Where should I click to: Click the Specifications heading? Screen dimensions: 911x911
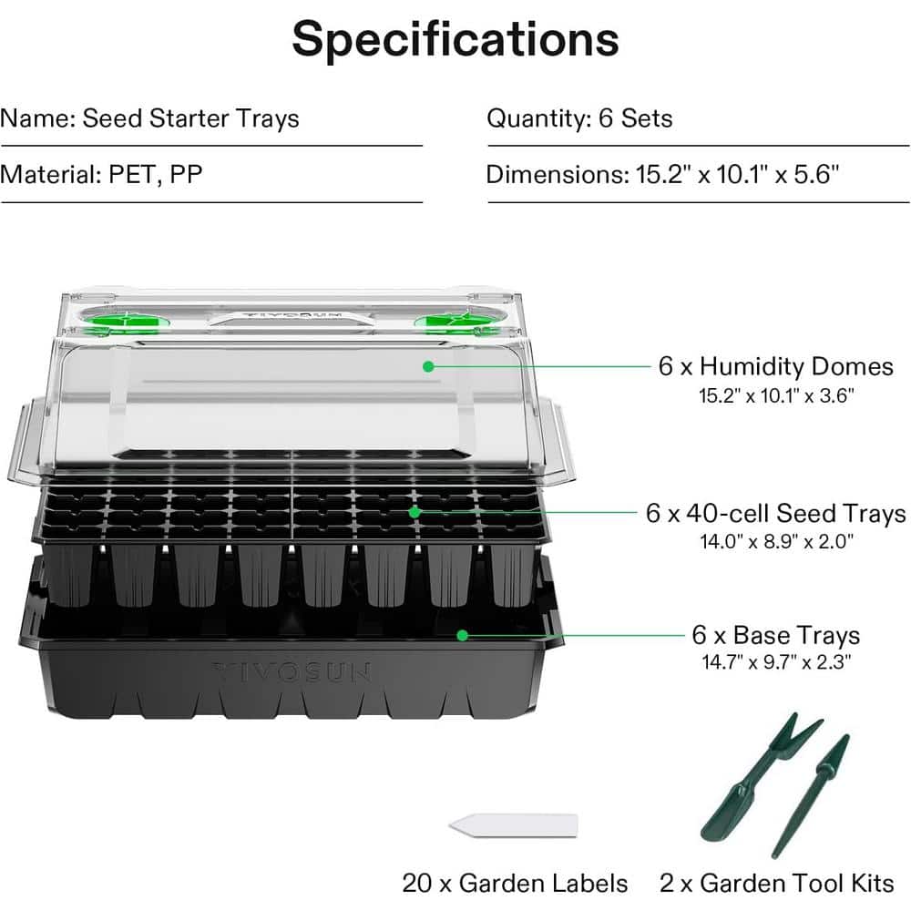tap(455, 39)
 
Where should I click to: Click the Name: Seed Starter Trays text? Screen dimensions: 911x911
tap(149, 118)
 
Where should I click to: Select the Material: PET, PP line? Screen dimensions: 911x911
tap(101, 174)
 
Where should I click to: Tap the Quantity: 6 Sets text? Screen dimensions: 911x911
tap(579, 118)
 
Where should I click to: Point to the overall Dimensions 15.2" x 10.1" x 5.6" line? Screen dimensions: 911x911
tap(662, 174)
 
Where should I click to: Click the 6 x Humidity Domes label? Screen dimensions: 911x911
tap(776, 366)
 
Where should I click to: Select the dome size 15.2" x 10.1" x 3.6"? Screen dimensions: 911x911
tap(776, 396)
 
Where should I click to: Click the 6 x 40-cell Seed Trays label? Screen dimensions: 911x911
tap(776, 513)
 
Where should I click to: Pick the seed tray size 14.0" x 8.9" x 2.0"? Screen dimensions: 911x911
tap(776, 542)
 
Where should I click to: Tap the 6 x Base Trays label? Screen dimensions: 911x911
tap(776, 634)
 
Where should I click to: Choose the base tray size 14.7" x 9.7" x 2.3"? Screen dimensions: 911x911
tap(776, 663)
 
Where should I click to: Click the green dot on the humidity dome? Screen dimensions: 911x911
tap(427, 366)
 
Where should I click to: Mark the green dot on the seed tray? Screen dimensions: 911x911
tap(415, 512)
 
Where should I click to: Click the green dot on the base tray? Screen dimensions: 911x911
tap(463, 634)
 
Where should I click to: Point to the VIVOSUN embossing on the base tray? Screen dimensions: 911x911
tap(292, 673)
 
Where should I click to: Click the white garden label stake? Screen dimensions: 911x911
tap(514, 824)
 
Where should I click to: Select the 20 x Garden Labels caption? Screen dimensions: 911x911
tap(515, 883)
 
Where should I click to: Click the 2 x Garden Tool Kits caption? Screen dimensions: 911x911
tap(777, 883)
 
